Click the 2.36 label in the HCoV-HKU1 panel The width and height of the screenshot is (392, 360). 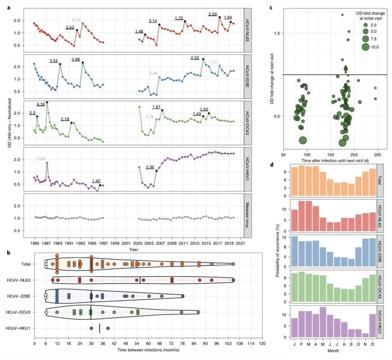(x=150, y=167)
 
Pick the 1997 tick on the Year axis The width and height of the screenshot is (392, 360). (x=103, y=243)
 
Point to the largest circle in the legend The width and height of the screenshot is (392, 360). (x=365, y=47)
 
